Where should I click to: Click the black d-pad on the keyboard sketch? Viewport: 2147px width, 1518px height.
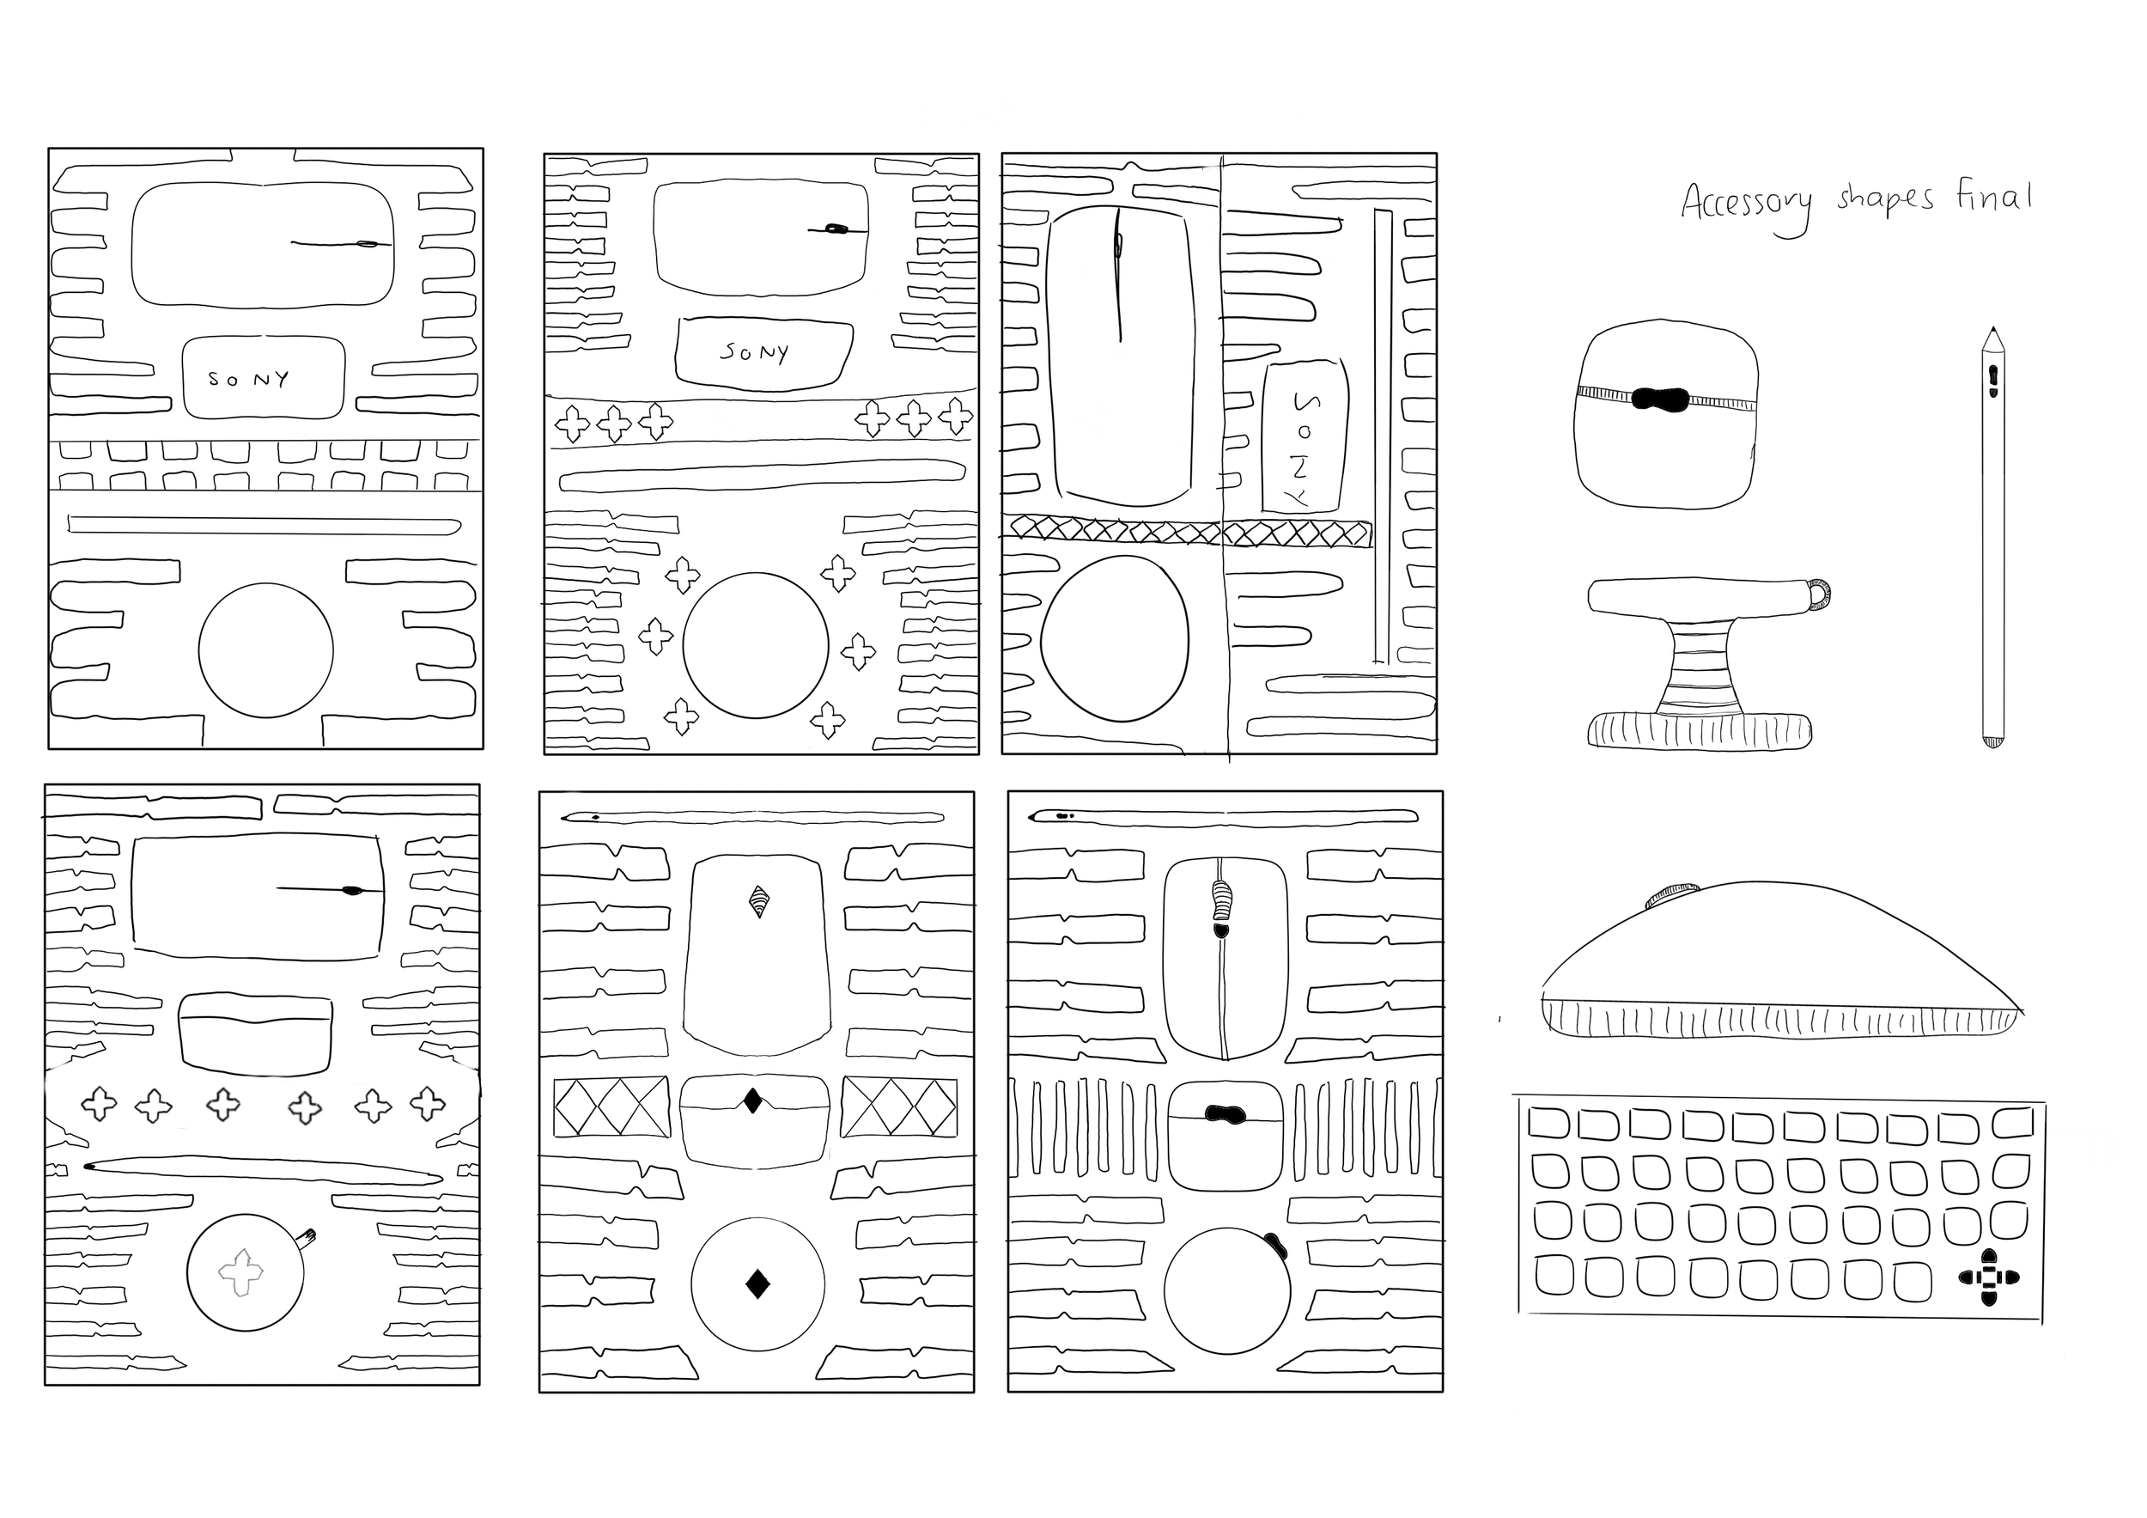1988,1277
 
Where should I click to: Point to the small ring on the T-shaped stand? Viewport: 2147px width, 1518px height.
1819,594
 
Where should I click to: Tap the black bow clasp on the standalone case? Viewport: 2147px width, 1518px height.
1661,399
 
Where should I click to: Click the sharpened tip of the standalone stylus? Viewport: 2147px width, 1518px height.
1992,333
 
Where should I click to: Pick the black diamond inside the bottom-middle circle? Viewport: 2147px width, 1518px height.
757,1284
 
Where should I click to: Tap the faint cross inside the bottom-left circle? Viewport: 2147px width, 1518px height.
242,1272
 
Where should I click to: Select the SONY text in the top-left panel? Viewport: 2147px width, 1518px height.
249,379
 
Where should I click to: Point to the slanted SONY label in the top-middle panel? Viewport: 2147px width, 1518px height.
755,351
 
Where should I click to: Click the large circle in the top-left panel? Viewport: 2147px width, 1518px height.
265,651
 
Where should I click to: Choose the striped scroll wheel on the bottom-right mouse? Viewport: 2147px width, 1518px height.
1221,899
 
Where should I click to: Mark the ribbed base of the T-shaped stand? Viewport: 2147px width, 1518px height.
1699,730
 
